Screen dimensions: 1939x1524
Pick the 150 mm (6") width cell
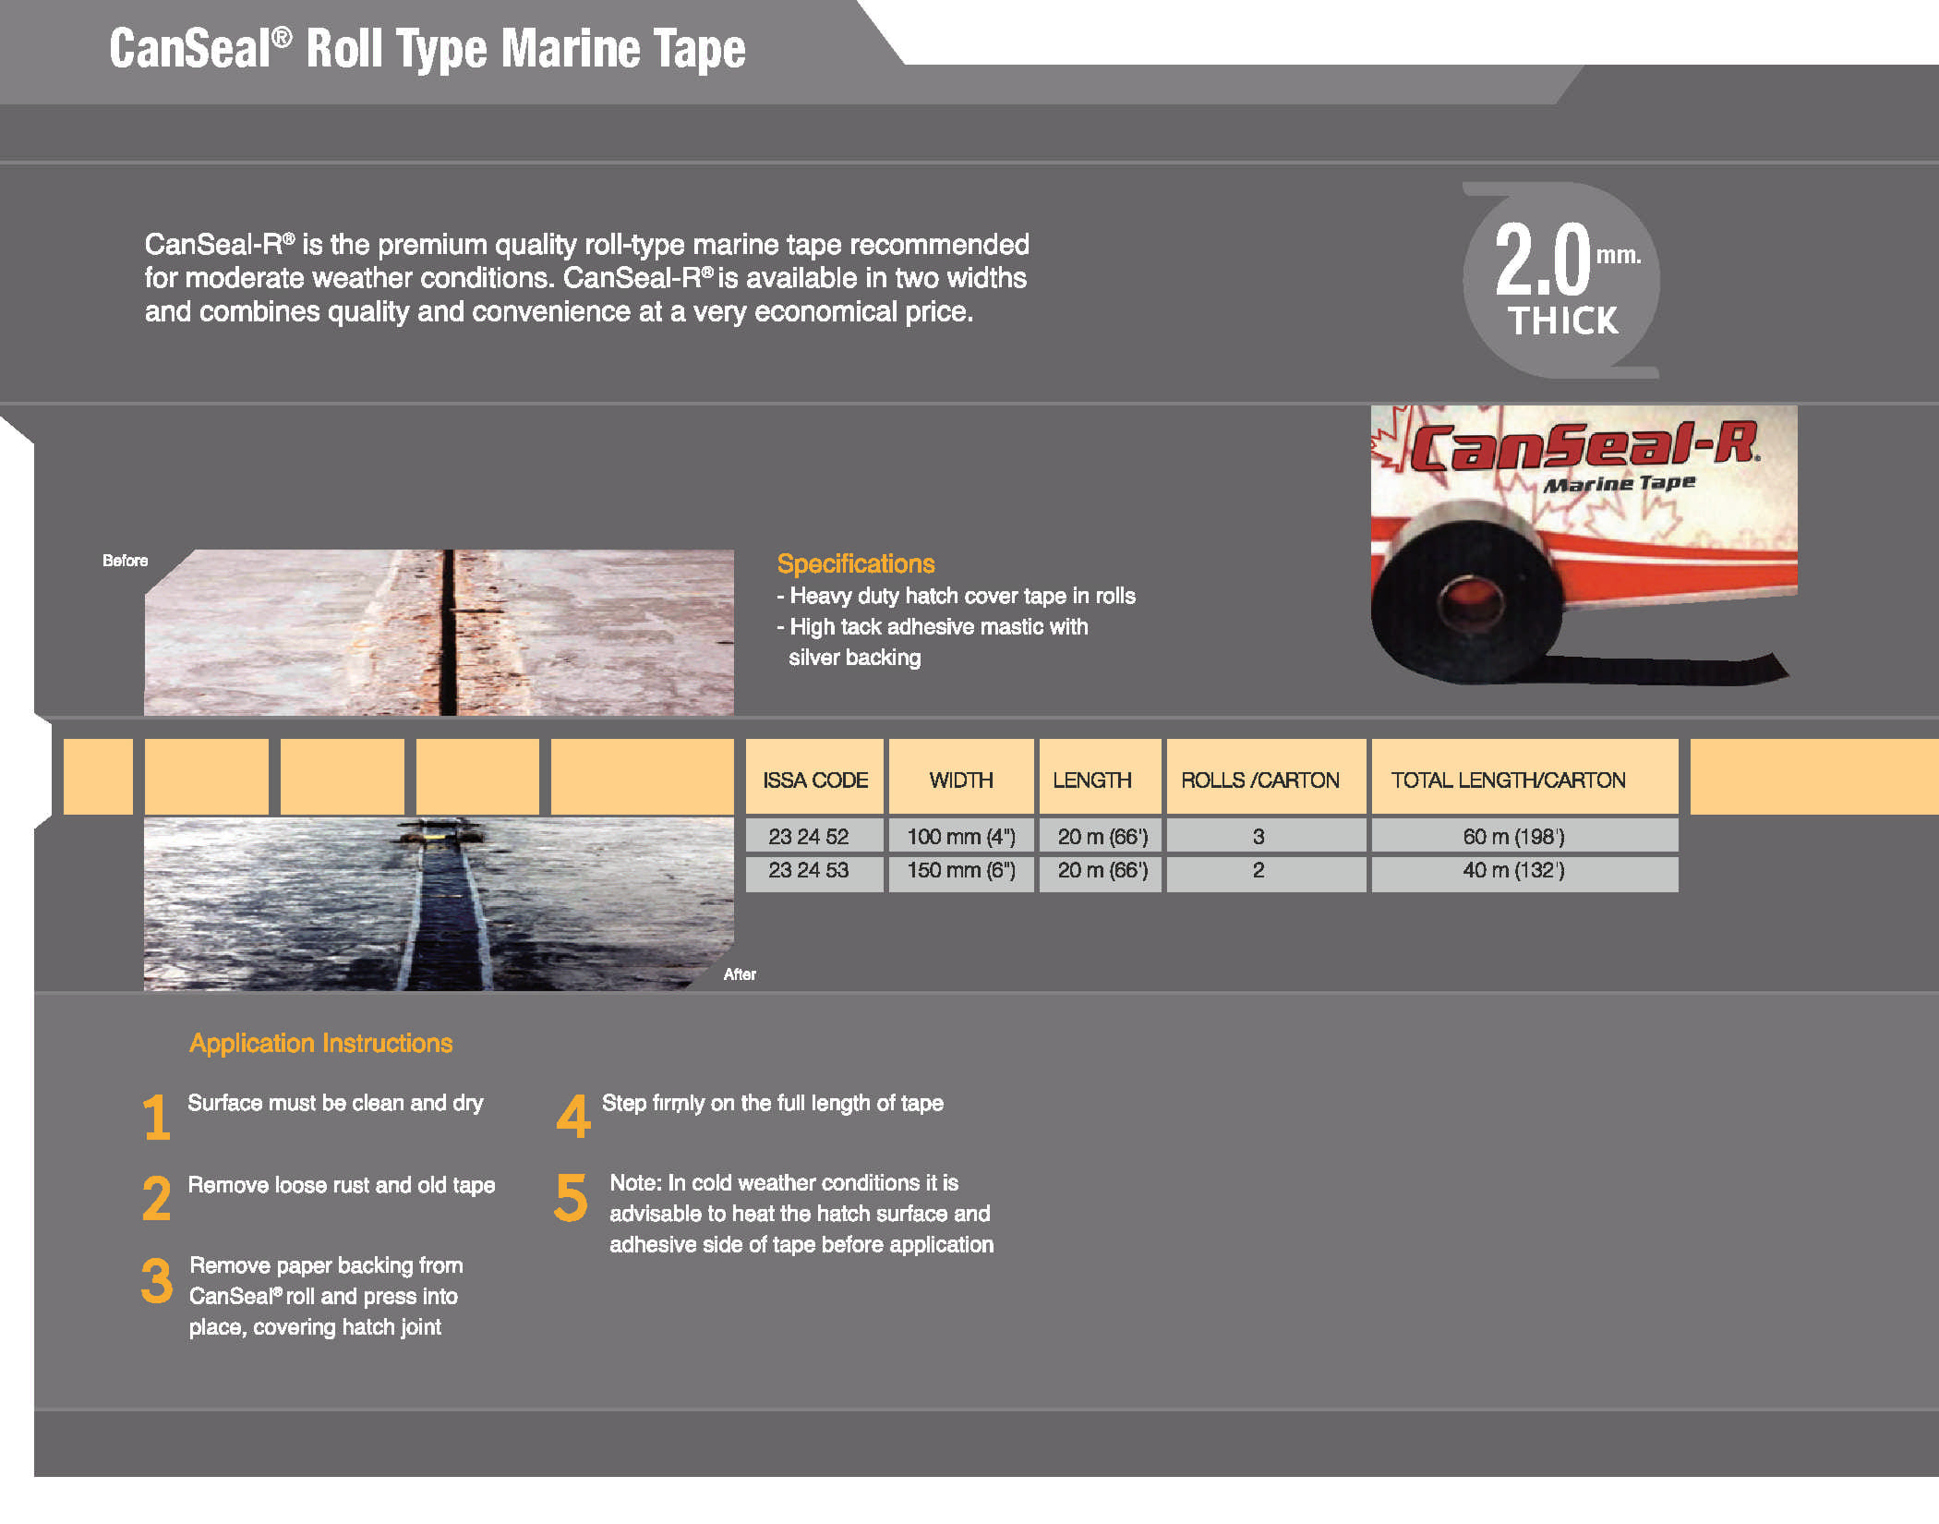[961, 871]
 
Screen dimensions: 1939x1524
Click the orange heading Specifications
[856, 563]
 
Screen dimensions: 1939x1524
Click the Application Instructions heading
[321, 1043]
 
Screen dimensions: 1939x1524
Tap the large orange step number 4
[573, 1116]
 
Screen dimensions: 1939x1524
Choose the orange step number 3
[157, 1281]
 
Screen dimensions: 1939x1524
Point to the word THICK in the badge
[1562, 321]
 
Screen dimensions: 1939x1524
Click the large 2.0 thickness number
[1543, 260]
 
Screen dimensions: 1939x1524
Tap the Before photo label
[125, 561]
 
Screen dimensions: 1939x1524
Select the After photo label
[740, 974]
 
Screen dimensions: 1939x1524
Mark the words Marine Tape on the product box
[1620, 484]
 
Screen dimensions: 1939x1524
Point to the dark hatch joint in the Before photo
[449, 633]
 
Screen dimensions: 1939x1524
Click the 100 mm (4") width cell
[961, 836]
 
